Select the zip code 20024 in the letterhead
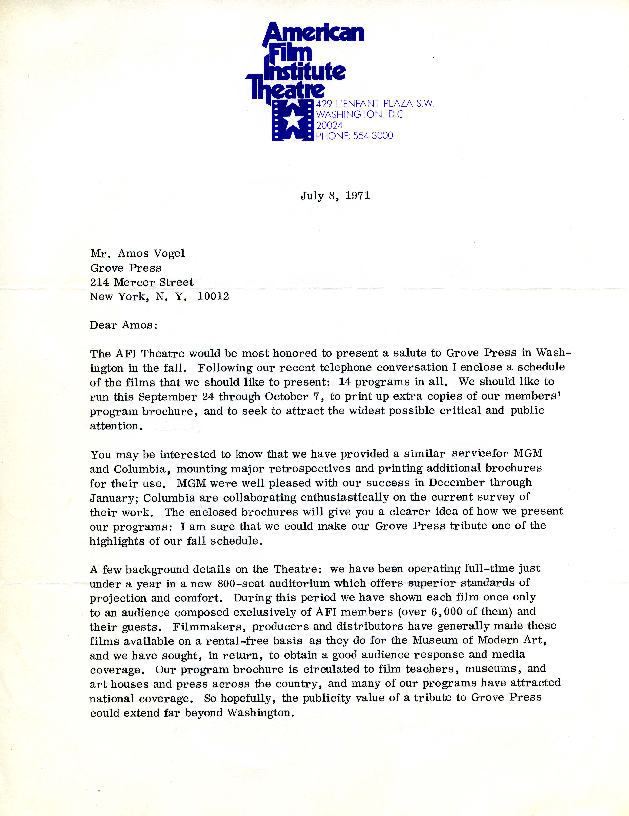coord(329,125)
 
